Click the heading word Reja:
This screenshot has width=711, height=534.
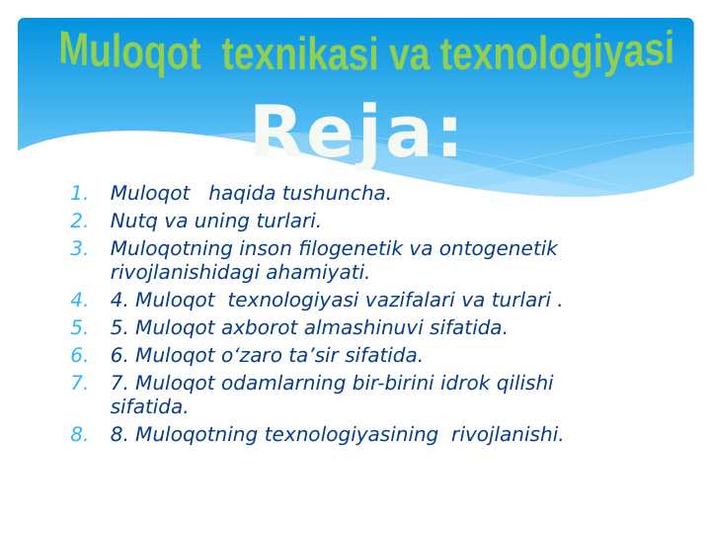[355, 134]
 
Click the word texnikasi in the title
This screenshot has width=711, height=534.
[300, 52]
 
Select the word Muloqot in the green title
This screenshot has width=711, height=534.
[129, 50]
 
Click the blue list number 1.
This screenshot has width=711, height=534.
[80, 194]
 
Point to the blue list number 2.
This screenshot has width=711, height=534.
[80, 222]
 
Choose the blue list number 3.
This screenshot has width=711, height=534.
[80, 249]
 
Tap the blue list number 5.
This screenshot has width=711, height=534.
[80, 328]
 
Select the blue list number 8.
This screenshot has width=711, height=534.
[80, 435]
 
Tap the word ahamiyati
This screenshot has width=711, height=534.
[324, 273]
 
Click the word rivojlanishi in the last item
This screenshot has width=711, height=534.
[507, 435]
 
